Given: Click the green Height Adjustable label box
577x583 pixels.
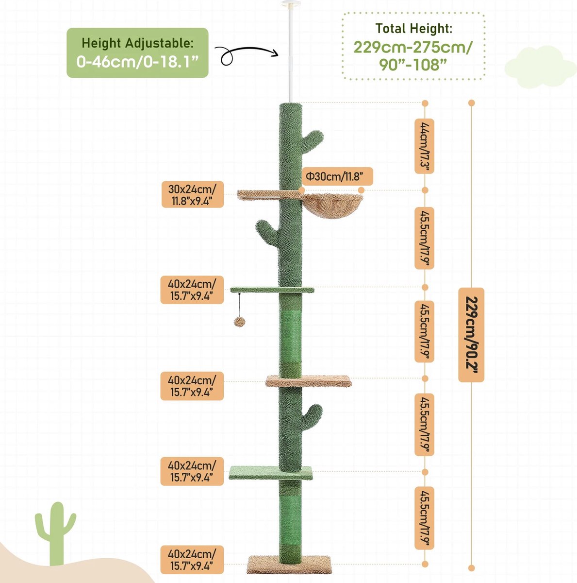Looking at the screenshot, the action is click(x=137, y=52).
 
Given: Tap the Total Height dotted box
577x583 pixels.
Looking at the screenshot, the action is click(x=413, y=46).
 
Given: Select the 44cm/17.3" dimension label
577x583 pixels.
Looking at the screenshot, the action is click(x=424, y=146).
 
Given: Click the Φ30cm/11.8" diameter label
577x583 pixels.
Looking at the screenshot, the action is click(x=337, y=176).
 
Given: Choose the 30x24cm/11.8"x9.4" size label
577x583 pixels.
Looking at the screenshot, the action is click(x=193, y=194).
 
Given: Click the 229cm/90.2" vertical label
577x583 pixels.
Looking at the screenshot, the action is click(x=471, y=335).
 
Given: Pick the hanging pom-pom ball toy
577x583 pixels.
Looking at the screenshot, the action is click(x=239, y=322).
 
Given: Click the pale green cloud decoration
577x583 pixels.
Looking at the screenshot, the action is click(x=540, y=67).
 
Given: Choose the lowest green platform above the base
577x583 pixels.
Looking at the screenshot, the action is click(x=270, y=473).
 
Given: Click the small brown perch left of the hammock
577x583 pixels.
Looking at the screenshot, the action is click(x=269, y=194).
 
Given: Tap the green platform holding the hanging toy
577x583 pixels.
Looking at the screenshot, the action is click(x=272, y=290).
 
